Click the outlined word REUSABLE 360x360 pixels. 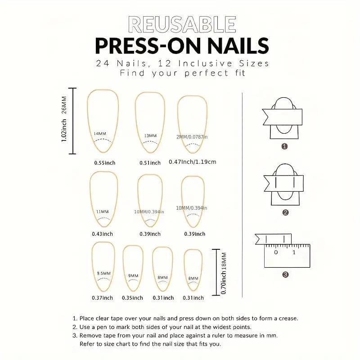coord(182,24)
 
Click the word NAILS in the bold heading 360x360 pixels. coord(238,46)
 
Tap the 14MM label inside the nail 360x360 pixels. coord(100,134)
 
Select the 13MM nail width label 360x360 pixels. coord(150,136)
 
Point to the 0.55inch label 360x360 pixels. coord(105,163)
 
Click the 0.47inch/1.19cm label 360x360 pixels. coord(193,162)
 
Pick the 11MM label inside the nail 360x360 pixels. coord(103,211)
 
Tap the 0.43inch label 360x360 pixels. coord(103,234)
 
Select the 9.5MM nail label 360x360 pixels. coord(104,273)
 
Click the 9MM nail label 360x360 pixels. coord(133,275)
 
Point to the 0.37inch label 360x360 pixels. coord(103,298)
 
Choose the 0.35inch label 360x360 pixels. coord(132,298)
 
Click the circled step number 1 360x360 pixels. coord(284,146)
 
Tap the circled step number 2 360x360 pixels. coord(285,212)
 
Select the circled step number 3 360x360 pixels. coord(285,274)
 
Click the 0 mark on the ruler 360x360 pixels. coord(276,252)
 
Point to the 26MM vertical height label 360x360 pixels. coord(64,105)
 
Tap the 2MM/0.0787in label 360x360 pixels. coord(192,137)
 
